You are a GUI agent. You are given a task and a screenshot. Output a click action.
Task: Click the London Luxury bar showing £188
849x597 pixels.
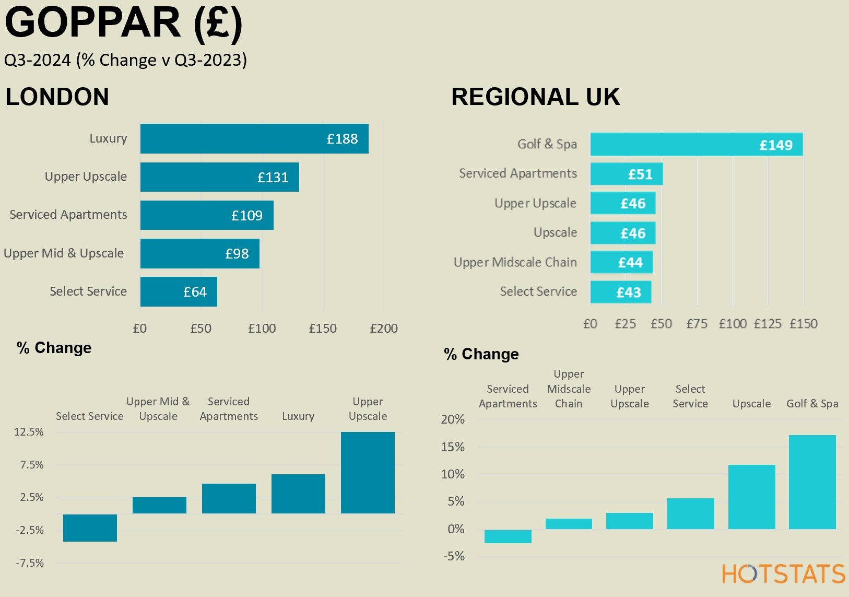click(x=254, y=139)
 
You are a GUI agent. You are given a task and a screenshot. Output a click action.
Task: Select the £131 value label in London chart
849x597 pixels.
click(x=273, y=178)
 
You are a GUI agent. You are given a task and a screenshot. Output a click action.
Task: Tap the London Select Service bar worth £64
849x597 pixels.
click(x=179, y=291)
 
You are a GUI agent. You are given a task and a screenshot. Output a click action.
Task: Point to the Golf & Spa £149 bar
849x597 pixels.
click(x=696, y=145)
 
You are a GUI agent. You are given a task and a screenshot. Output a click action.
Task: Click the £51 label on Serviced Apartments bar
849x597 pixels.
click(x=640, y=174)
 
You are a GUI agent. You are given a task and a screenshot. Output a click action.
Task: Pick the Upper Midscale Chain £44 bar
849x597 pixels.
click(x=621, y=262)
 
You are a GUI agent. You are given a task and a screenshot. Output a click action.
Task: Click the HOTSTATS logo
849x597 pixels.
click(x=783, y=574)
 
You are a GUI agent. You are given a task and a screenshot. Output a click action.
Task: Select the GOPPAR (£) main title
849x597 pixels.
click(x=124, y=23)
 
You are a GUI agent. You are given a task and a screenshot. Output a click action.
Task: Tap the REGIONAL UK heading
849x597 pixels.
click(x=535, y=97)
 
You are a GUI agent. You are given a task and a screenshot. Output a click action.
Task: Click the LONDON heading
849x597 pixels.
click(x=57, y=97)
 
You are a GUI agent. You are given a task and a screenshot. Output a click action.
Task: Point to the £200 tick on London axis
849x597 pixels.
click(x=384, y=329)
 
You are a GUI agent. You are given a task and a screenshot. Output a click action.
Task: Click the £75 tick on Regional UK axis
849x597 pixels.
click(x=697, y=324)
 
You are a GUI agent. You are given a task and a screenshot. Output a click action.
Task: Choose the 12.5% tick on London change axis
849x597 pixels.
click(x=29, y=432)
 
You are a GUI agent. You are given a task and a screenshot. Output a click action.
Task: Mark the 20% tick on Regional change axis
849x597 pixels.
click(x=453, y=419)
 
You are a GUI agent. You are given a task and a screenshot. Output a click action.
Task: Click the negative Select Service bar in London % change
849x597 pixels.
click(x=90, y=528)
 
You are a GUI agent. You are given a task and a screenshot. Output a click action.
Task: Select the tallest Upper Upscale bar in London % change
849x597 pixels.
click(x=368, y=472)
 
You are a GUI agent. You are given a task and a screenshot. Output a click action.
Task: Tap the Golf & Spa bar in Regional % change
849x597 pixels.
click(x=812, y=482)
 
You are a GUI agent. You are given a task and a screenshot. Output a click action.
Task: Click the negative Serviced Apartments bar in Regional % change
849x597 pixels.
click(x=508, y=536)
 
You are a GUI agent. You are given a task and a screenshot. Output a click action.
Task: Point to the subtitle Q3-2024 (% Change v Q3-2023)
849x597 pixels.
click(x=125, y=60)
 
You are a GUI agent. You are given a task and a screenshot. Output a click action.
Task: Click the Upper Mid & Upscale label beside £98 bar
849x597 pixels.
click(x=64, y=253)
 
